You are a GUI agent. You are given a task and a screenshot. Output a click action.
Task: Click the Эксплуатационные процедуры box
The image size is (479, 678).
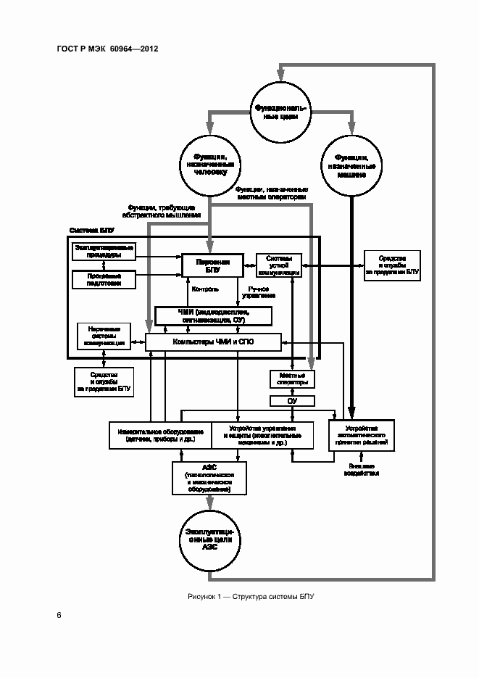(x=104, y=251)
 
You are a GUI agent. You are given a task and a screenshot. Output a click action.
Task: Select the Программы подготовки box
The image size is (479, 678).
(x=104, y=279)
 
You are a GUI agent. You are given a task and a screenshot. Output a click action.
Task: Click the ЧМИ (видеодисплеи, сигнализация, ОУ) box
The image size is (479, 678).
(x=214, y=315)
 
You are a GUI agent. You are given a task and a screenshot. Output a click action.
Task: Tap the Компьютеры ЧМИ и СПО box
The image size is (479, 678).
(x=213, y=342)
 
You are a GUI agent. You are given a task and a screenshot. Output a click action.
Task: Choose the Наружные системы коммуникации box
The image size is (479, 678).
(x=104, y=336)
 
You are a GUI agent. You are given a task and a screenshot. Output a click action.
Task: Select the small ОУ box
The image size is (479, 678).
(x=292, y=401)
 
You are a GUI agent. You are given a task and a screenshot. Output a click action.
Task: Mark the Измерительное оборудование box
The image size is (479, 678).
(x=160, y=435)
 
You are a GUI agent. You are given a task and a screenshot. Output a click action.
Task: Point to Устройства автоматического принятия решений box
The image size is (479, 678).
(x=362, y=435)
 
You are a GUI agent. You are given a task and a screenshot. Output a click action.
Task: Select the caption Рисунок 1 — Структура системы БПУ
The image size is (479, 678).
(x=250, y=596)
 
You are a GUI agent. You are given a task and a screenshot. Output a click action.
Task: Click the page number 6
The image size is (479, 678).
(x=59, y=616)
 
